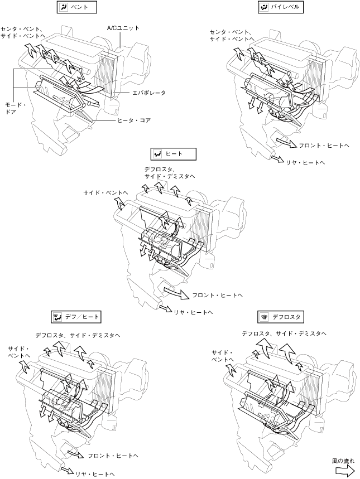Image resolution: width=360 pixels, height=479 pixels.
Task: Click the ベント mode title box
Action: pyautogui.click(x=77, y=7)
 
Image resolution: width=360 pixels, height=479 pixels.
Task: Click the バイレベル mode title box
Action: pyautogui.click(x=281, y=7)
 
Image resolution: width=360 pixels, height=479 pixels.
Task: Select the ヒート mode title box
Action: pyautogui.click(x=174, y=154)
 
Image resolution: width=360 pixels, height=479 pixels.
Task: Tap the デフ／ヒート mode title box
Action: pyautogui.click(x=75, y=317)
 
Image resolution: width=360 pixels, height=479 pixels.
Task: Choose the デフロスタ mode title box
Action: pyautogui.click(x=281, y=317)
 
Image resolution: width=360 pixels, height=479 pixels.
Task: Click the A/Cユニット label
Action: pyautogui.click(x=123, y=28)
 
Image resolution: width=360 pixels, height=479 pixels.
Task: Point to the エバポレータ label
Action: pyautogui.click(x=149, y=93)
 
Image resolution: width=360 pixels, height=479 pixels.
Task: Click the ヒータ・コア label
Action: pyautogui.click(x=134, y=120)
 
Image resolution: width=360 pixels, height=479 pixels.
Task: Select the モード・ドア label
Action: pyautogui.click(x=15, y=108)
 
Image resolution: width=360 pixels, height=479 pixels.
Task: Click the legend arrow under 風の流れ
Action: pyautogui.click(x=344, y=471)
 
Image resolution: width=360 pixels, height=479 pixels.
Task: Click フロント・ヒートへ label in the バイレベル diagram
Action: pyautogui.click(x=324, y=146)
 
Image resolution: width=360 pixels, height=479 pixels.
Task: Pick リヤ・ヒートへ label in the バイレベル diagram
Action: pyautogui.click(x=305, y=162)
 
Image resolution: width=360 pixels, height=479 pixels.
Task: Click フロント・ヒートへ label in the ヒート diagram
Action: pyautogui.click(x=217, y=296)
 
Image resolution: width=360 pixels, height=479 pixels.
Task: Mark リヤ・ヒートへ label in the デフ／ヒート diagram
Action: pyautogui.click(x=95, y=474)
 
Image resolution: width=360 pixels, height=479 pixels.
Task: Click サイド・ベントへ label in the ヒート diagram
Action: pyautogui.click(x=105, y=193)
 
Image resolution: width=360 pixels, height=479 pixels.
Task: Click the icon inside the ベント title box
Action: pyautogui.click(x=64, y=7)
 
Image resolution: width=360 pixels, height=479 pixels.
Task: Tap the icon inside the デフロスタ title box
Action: pyautogui.click(x=265, y=317)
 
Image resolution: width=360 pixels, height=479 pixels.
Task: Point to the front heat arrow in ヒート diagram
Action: pyautogui.click(x=176, y=292)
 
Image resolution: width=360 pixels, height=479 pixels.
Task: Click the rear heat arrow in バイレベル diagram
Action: pyautogui.click(x=278, y=159)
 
